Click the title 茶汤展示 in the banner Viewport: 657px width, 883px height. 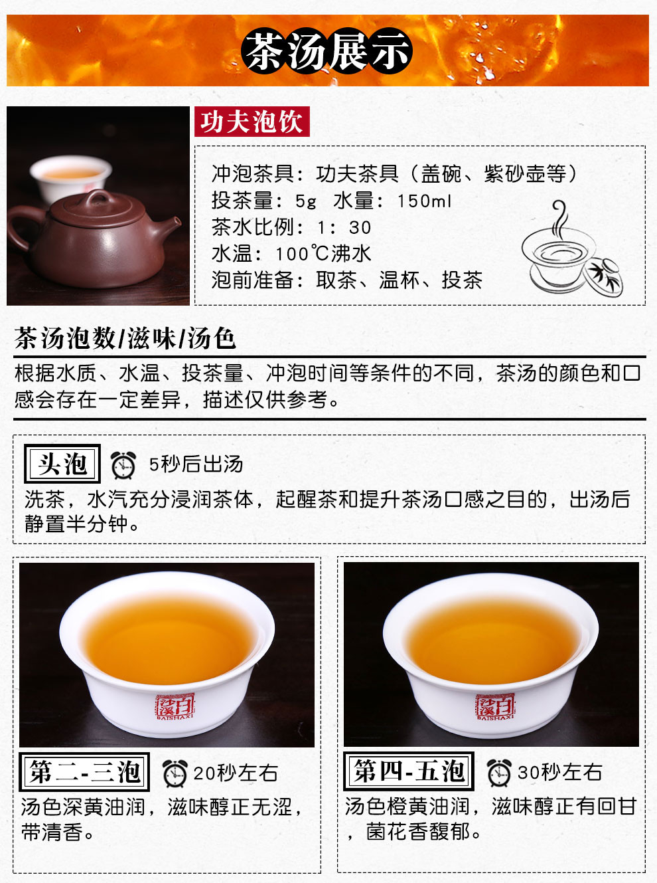[x=327, y=51]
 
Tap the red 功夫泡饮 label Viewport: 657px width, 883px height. [x=252, y=122]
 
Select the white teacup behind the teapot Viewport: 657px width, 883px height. [x=70, y=177]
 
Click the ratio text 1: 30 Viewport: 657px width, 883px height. [x=344, y=227]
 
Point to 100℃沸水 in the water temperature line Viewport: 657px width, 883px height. [x=323, y=254]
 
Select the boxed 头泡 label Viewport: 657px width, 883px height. [x=62, y=464]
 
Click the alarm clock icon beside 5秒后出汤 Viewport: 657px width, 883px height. [x=123, y=464]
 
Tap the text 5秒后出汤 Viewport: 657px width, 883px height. [x=196, y=464]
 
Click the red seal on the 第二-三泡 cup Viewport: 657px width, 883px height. [x=175, y=706]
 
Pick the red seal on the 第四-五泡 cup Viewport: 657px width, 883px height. [x=495, y=706]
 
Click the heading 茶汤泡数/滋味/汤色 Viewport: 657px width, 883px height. [x=125, y=339]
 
